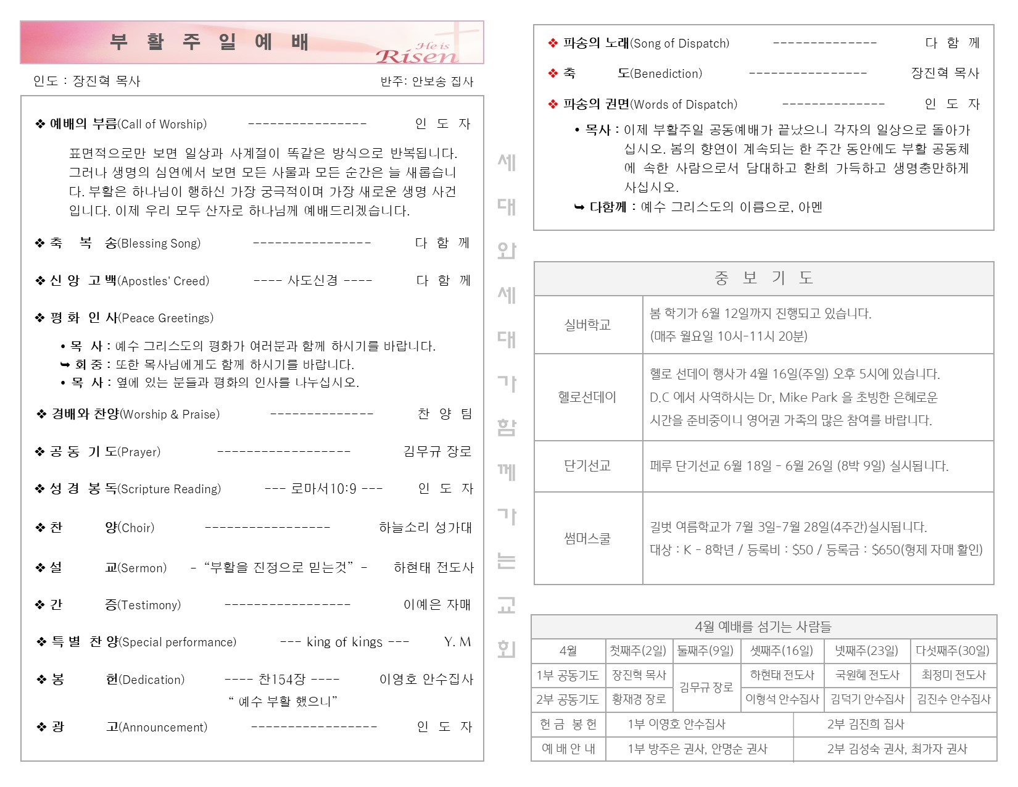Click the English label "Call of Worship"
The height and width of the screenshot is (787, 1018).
[x=163, y=124]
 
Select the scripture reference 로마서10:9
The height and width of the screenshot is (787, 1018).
[x=323, y=489]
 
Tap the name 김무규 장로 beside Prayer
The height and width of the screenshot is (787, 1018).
[x=437, y=452]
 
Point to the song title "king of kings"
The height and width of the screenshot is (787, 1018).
[x=344, y=642]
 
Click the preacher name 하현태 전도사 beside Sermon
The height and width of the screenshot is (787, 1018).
[x=434, y=568]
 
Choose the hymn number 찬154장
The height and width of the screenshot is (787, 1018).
[x=282, y=680]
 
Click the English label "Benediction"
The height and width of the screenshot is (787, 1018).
[x=667, y=74]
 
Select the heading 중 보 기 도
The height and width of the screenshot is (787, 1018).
[x=763, y=278]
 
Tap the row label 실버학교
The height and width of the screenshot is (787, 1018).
[x=587, y=325]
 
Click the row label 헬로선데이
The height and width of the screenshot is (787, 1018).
[x=587, y=397]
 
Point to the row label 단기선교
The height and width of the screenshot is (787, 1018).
[x=587, y=466]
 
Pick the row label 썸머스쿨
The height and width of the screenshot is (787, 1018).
[x=587, y=538]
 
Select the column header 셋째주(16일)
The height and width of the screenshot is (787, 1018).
[x=782, y=651]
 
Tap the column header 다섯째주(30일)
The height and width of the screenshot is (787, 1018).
[x=953, y=651]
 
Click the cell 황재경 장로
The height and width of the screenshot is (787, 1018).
[x=639, y=699]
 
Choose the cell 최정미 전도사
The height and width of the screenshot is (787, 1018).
[x=953, y=675]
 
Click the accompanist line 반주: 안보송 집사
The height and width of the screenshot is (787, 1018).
[x=427, y=81]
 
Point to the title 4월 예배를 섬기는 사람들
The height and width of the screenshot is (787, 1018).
[x=763, y=627]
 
